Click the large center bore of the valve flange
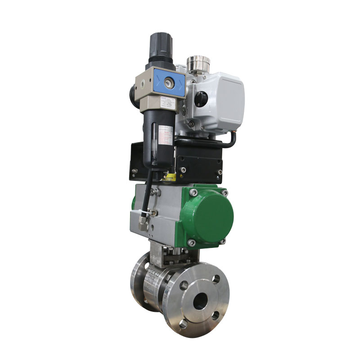pyautogui.click(x=201, y=300)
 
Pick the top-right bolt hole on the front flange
pyautogui.click(x=217, y=279)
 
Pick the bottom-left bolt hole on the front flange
pyautogui.click(x=184, y=323)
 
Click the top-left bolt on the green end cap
pyautogui.click(x=193, y=193)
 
